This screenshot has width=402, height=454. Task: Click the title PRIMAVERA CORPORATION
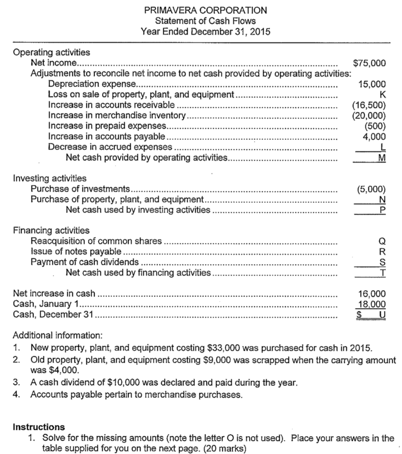pyautogui.click(x=205, y=10)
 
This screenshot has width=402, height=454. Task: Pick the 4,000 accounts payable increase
pyautogui.click(x=374, y=137)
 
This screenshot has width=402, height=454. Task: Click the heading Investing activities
pyautogui.click(x=50, y=179)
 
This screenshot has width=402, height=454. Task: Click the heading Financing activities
pyautogui.click(x=51, y=231)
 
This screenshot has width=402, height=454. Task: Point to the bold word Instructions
pyautogui.click(x=39, y=427)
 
